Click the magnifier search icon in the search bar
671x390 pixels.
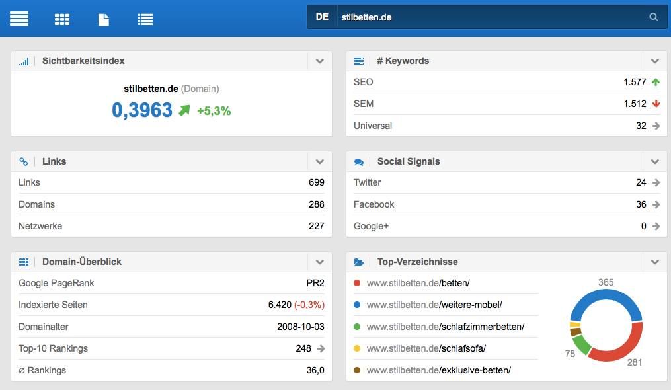pyautogui.click(x=654, y=17)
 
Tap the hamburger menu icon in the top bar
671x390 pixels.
pyautogui.click(x=19, y=18)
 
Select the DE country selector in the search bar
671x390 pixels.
pyautogui.click(x=322, y=17)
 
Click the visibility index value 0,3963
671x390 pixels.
pyautogui.click(x=142, y=110)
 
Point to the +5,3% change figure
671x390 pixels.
pyautogui.click(x=214, y=111)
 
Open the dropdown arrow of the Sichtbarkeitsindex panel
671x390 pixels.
pyautogui.click(x=320, y=61)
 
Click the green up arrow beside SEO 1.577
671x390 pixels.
pyautogui.click(x=656, y=82)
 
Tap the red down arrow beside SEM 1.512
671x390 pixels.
pyautogui.click(x=656, y=104)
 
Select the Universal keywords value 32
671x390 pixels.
pyautogui.click(x=641, y=126)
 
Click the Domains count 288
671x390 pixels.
pyautogui.click(x=316, y=204)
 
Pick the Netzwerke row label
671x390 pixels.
pyautogui.click(x=40, y=226)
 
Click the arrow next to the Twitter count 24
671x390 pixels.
pyautogui.click(x=656, y=182)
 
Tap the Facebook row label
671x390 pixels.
pyautogui.click(x=374, y=204)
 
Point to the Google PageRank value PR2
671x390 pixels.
pyautogui.click(x=315, y=283)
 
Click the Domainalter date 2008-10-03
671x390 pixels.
pyautogui.click(x=301, y=327)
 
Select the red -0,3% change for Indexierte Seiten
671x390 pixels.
pyautogui.click(x=309, y=305)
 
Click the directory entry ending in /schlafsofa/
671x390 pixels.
pyautogui.click(x=426, y=348)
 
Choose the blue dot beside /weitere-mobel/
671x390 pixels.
pyautogui.click(x=357, y=305)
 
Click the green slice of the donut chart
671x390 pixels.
pyautogui.click(x=581, y=344)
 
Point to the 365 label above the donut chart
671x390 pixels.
pyautogui.click(x=606, y=282)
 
